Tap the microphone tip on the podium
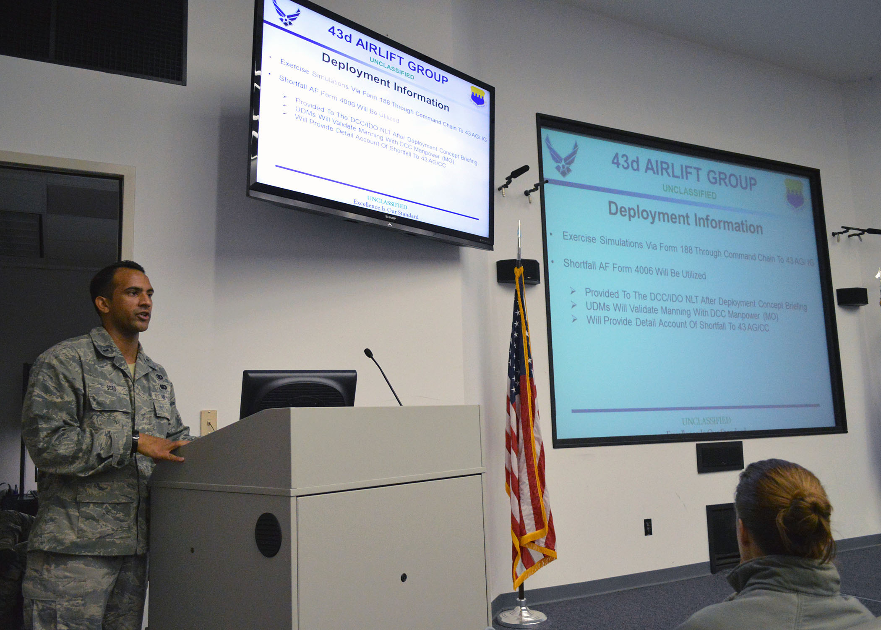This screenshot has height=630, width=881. coord(368,353)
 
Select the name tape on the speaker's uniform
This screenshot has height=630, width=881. coord(111,388)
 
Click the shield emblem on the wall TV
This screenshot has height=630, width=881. coord(477,97)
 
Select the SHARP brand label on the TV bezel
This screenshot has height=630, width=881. coord(390,218)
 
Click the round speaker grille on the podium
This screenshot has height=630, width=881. coord(268,535)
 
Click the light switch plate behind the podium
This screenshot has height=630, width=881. coord(209,422)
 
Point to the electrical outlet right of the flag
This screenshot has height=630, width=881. coord(648,527)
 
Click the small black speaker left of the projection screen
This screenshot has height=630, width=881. coord(518,271)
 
